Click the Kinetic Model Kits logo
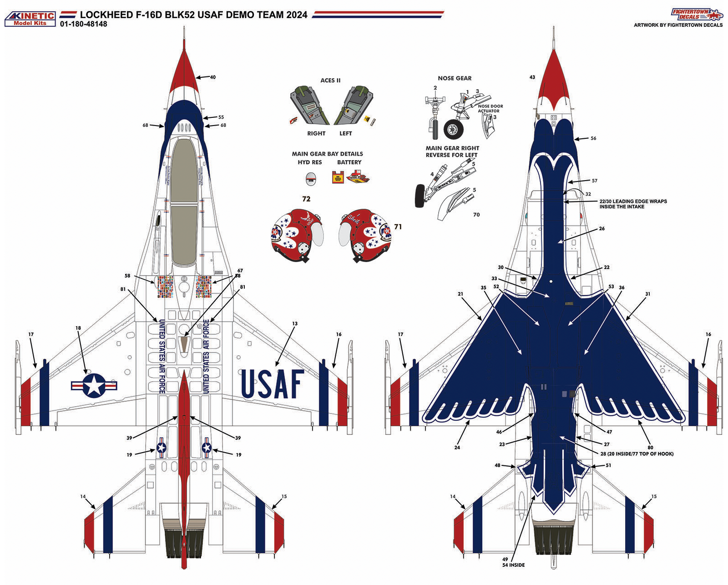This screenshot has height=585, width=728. tap(30, 19)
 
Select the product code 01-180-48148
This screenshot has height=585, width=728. tap(84, 24)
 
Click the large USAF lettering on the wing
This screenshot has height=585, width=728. tap(272, 384)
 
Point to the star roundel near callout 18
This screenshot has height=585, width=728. tap(94, 385)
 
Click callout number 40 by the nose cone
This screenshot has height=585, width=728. tap(212, 77)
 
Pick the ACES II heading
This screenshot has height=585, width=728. tap(330, 81)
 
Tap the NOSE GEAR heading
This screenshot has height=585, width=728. tap(455, 78)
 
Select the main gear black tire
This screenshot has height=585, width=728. tap(420, 196)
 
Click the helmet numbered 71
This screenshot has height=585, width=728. tap(365, 236)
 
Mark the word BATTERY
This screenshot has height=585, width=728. tap(349, 162)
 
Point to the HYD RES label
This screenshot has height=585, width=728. tap(310, 162)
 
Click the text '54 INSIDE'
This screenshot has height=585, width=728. tap(513, 565)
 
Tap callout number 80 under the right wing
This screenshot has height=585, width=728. tap(650, 448)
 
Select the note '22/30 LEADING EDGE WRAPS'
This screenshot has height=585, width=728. tap(633, 201)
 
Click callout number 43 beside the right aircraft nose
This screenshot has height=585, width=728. tap(532, 77)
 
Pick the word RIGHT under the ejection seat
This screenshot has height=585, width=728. tap(316, 133)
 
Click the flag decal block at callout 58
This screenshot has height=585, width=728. tap(165, 287)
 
